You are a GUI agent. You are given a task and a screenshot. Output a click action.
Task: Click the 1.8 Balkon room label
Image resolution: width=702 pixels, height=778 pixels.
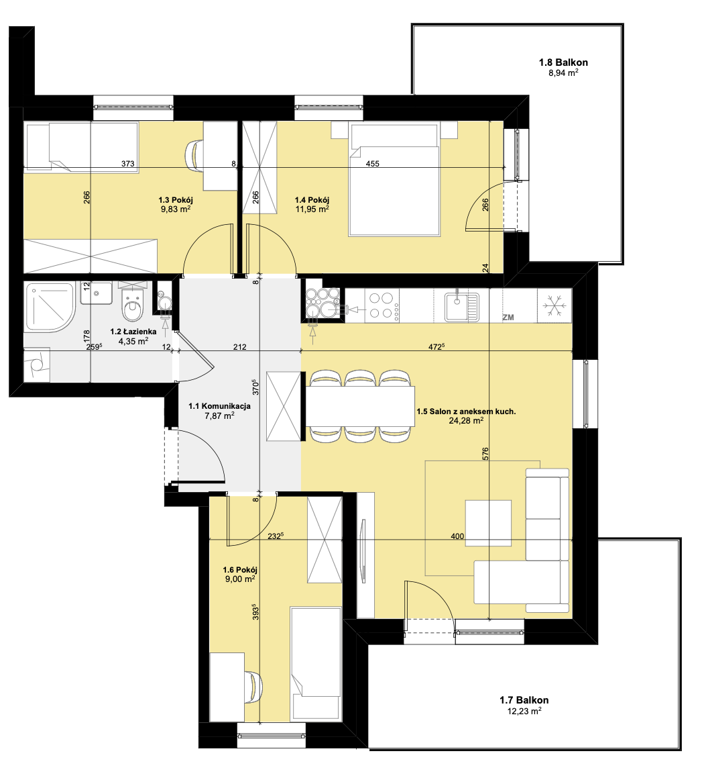click(563, 62)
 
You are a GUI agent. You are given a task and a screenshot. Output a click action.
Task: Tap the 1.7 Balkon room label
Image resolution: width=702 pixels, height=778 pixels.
click(524, 700)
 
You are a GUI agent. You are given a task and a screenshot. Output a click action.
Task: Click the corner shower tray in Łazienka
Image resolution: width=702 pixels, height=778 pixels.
click(50, 307)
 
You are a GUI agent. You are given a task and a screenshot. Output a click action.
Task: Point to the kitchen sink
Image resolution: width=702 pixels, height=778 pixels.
click(461, 306)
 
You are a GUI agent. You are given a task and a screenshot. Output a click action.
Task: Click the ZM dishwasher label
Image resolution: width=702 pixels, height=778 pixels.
click(508, 317)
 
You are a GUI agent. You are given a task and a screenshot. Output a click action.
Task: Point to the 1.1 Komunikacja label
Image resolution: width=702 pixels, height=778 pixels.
click(220, 406)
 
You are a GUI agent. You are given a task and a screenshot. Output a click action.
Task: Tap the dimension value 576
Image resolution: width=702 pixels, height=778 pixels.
click(486, 454)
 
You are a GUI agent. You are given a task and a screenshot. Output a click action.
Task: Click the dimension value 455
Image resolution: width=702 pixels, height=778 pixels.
click(372, 164)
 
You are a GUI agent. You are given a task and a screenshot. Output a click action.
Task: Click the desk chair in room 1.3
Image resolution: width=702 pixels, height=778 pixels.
click(194, 154)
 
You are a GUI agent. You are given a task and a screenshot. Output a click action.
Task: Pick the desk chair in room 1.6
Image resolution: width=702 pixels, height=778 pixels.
click(252, 687)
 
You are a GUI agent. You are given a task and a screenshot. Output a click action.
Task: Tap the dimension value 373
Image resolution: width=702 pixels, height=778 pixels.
click(128, 164)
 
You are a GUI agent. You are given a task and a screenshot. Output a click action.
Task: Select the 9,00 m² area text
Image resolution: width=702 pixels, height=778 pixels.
click(240, 579)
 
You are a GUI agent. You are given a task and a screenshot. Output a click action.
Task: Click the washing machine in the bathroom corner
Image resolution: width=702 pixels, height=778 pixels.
click(37, 365)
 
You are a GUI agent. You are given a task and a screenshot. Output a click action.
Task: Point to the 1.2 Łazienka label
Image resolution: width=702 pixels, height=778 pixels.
click(133, 332)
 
